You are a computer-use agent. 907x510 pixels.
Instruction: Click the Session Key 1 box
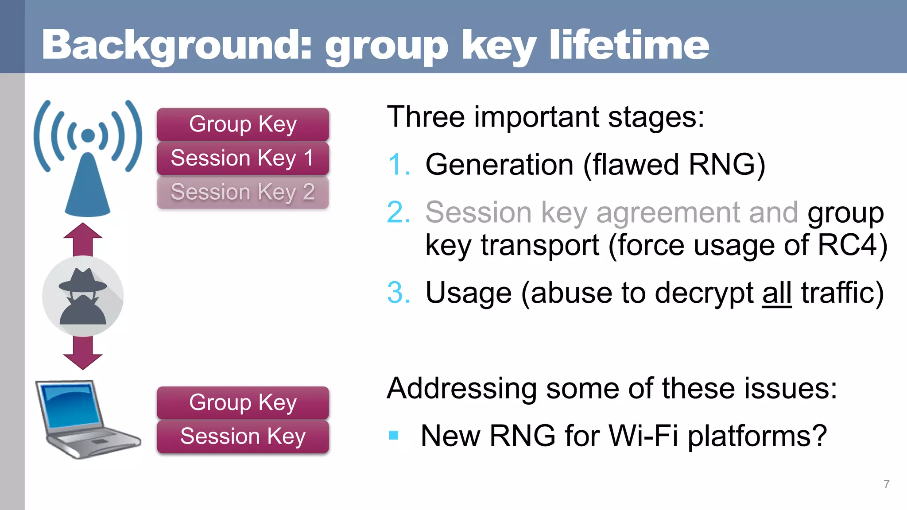(x=243, y=158)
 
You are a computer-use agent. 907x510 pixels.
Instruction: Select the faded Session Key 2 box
(x=243, y=192)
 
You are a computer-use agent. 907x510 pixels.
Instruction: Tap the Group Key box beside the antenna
(x=243, y=124)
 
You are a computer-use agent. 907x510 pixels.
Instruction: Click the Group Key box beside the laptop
(x=243, y=402)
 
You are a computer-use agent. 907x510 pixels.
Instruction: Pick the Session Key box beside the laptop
(x=243, y=436)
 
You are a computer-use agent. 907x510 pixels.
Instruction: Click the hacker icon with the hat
(x=83, y=296)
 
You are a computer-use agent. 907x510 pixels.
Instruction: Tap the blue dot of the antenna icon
(x=88, y=135)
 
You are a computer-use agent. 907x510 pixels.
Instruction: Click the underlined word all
(x=777, y=293)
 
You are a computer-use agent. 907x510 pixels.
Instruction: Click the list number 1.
(x=397, y=165)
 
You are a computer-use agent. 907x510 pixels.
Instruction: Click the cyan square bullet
(x=393, y=436)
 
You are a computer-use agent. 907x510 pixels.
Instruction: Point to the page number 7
(x=886, y=484)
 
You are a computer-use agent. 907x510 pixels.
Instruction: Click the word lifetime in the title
(x=629, y=45)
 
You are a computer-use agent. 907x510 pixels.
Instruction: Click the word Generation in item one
(x=499, y=165)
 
